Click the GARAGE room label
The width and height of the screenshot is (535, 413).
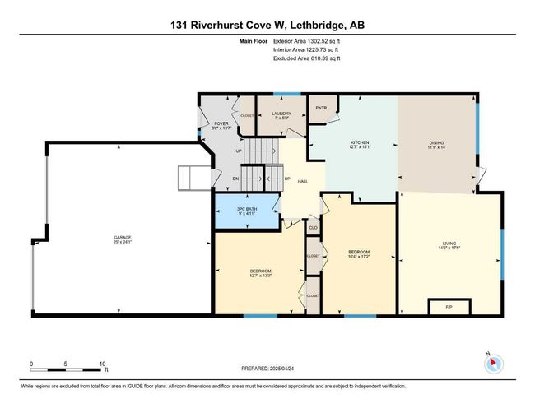point(122,239)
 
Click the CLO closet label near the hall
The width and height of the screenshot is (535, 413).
point(313,226)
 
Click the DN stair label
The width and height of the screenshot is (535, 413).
point(235,179)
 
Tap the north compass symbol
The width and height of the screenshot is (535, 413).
point(492,362)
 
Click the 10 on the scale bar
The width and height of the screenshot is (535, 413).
point(103,364)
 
